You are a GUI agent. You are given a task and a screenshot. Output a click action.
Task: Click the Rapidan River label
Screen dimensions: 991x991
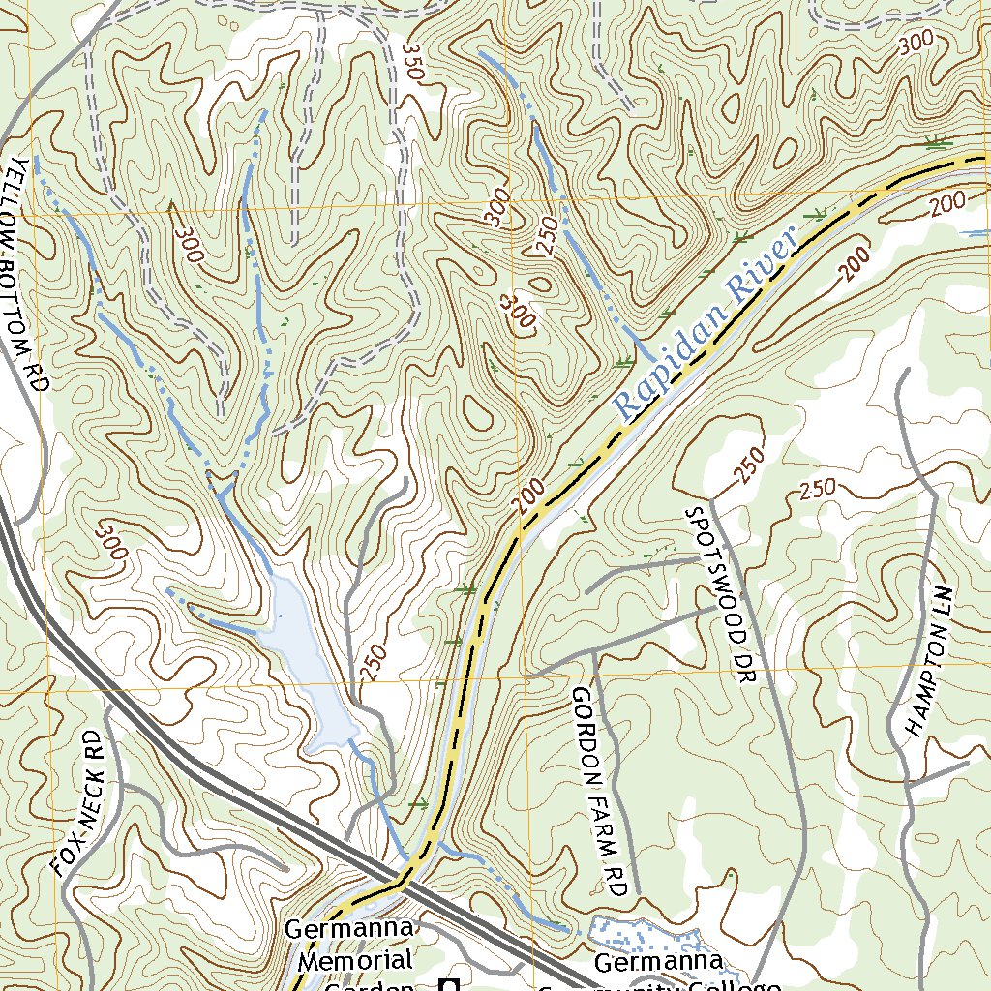(705, 323)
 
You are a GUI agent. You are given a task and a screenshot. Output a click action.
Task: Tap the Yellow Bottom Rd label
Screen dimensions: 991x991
(26, 273)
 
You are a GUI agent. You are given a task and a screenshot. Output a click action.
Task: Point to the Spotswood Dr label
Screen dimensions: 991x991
(717, 594)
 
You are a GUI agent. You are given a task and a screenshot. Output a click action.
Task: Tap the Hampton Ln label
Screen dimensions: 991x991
(927, 662)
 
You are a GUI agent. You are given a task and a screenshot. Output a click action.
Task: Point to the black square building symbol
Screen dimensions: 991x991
(448, 984)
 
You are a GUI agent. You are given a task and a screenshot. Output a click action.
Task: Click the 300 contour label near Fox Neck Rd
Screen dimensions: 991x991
(112, 541)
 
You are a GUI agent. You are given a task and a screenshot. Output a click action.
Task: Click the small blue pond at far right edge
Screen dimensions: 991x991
(976, 232)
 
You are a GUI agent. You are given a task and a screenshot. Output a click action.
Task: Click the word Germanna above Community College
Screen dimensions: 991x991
(657, 963)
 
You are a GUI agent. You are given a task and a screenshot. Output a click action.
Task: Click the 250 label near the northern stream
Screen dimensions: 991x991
(546, 235)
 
